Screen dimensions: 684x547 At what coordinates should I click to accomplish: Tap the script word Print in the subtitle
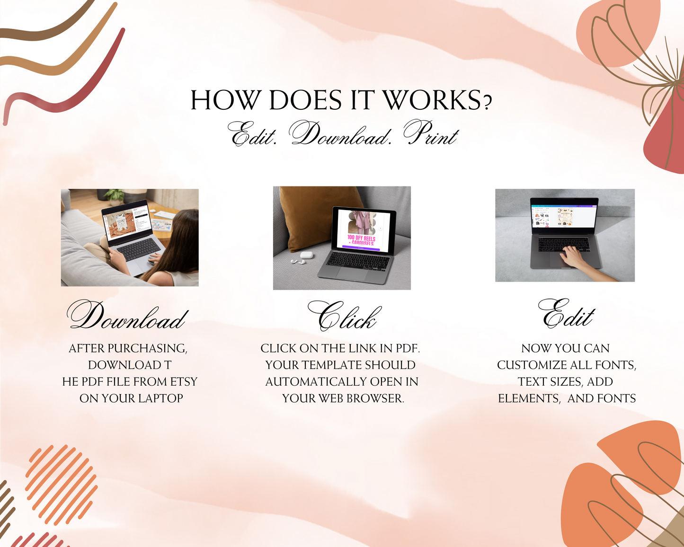coord(431,133)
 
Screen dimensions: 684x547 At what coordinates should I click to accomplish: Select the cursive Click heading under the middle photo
coord(345,316)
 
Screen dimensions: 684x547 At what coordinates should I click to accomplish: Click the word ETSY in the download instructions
coord(184,381)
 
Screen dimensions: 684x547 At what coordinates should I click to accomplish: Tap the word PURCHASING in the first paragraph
coord(147,348)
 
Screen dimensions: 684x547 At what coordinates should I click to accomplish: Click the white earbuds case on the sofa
coord(306,255)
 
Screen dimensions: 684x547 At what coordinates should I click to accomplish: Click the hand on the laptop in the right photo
coord(574,256)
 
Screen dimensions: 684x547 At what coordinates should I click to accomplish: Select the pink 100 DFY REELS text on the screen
coord(361,240)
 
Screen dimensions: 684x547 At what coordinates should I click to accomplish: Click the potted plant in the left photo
coord(115,196)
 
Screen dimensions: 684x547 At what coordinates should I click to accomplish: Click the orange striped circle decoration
coord(62,485)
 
